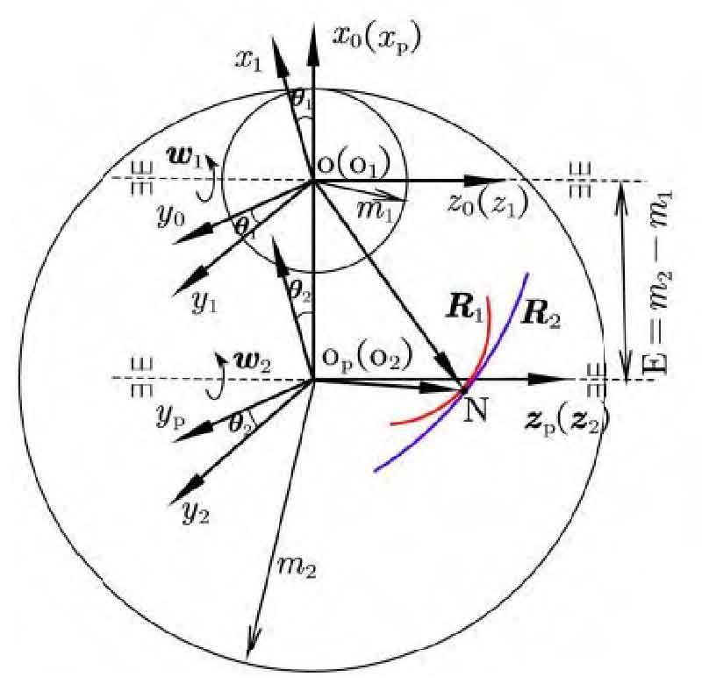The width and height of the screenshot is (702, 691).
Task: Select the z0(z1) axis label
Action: (485, 206)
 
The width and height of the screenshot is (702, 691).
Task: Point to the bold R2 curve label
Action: (541, 313)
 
